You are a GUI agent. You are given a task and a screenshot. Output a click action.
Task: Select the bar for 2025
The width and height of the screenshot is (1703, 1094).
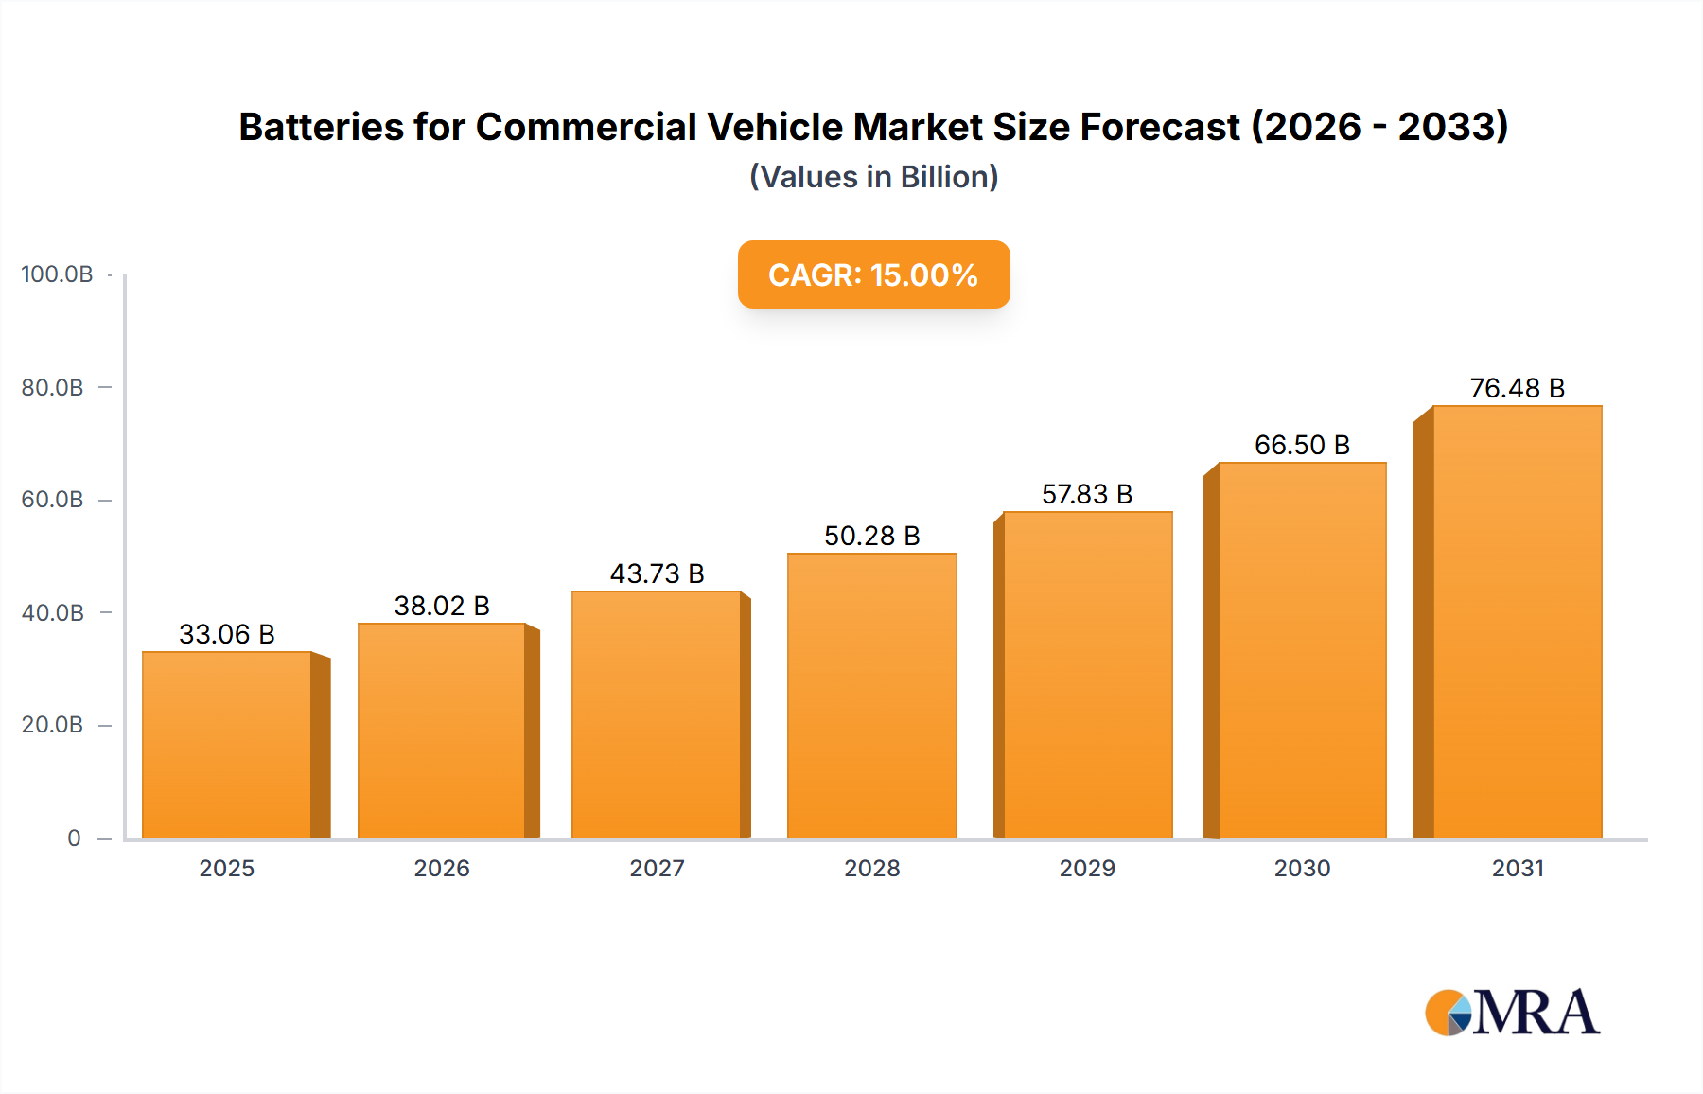tap(227, 746)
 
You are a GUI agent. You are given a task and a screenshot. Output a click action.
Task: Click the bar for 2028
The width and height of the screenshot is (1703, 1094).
tap(871, 697)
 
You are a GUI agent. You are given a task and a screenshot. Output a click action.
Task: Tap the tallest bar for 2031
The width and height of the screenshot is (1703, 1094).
tap(1517, 623)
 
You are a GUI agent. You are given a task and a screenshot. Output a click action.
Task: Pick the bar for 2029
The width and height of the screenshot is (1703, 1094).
tap(1087, 676)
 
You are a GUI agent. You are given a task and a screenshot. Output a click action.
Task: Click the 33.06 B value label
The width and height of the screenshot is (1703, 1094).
tap(227, 634)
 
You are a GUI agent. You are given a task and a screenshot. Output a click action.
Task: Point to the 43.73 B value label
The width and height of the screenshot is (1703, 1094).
tap(657, 573)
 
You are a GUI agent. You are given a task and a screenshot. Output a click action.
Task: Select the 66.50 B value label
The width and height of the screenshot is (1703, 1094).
tap(1302, 445)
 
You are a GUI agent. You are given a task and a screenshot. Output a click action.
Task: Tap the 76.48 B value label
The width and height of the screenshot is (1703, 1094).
tap(1517, 388)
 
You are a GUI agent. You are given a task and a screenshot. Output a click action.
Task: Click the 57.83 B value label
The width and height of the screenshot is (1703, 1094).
tap(1087, 494)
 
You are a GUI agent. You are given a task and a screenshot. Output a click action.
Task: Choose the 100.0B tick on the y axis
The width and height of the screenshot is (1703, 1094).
tap(57, 274)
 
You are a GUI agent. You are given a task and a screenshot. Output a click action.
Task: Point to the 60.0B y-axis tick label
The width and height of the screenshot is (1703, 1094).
tap(53, 500)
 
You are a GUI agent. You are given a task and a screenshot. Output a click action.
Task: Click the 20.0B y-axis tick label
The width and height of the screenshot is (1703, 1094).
tap(53, 725)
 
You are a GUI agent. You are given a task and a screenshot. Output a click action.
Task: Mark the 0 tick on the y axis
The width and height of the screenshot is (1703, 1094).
tap(74, 838)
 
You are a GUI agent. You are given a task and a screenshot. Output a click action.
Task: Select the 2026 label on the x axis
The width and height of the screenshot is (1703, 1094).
tap(442, 869)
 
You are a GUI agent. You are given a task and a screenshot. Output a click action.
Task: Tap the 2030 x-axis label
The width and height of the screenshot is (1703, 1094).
tap(1302, 869)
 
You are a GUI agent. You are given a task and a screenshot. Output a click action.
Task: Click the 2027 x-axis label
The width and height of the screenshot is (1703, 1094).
tap(657, 869)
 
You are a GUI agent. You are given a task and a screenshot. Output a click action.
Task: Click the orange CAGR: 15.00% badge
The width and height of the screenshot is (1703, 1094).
tap(873, 274)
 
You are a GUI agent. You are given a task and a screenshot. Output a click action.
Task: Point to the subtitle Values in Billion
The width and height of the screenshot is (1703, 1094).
tap(873, 177)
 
